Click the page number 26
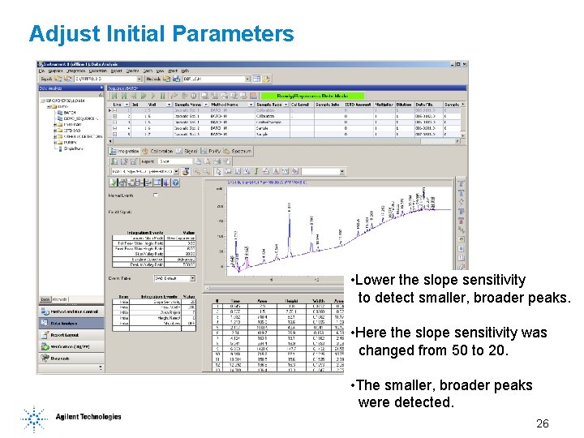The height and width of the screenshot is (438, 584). coord(543,423)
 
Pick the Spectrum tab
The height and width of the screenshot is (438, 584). coord(241,151)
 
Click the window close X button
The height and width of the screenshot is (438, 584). coord(463,64)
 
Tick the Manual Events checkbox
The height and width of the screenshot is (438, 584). coord(156,195)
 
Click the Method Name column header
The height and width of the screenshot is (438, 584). coord(223,105)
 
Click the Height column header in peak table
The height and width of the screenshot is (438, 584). coord(287,299)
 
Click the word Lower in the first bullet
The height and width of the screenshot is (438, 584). coord(375,280)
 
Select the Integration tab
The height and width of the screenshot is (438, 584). coord(127,151)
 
